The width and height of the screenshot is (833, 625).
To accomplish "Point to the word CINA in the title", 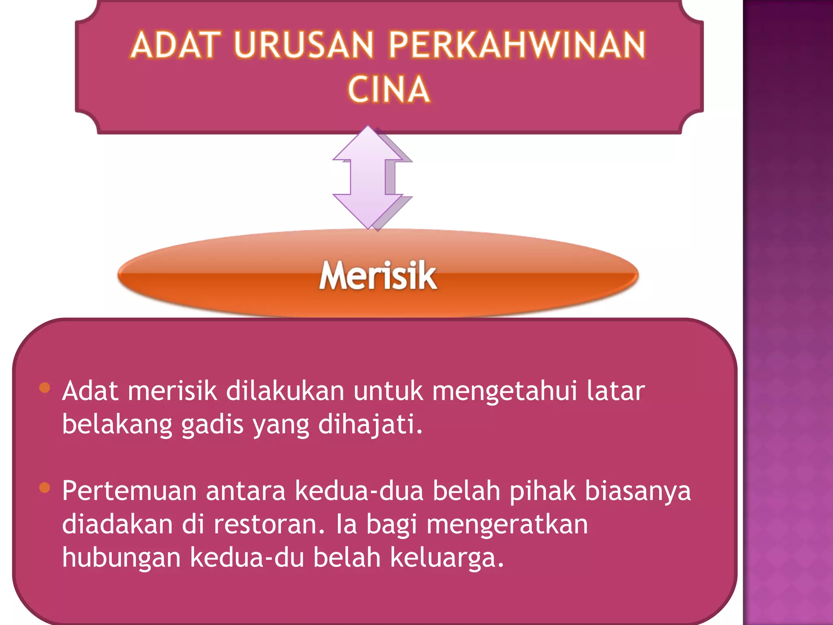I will pyautogui.click(x=388, y=90).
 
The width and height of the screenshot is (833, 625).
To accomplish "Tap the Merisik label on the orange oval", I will pyautogui.click(x=378, y=276).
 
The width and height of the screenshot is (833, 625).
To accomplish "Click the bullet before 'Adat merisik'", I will pyautogui.click(x=45, y=387).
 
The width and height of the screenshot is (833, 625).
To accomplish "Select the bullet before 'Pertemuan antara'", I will pyautogui.click(x=45, y=487).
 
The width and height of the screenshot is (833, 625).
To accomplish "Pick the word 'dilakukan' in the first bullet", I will pyautogui.click(x=285, y=391).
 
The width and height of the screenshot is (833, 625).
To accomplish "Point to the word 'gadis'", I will pyautogui.click(x=212, y=424).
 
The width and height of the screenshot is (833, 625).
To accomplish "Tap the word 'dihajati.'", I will pyautogui.click(x=370, y=424).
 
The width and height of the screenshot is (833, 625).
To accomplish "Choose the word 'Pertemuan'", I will pyautogui.click(x=129, y=491).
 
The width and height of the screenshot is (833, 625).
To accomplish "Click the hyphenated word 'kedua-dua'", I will pyautogui.click(x=359, y=491).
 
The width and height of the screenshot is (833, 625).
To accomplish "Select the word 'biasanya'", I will pyautogui.click(x=637, y=491).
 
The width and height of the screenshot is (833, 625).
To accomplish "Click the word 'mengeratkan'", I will pyautogui.click(x=507, y=524).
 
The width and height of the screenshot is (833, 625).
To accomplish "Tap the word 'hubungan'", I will pyautogui.click(x=121, y=557).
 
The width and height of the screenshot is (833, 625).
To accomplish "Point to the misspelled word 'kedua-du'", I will pyautogui.click(x=247, y=557).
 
